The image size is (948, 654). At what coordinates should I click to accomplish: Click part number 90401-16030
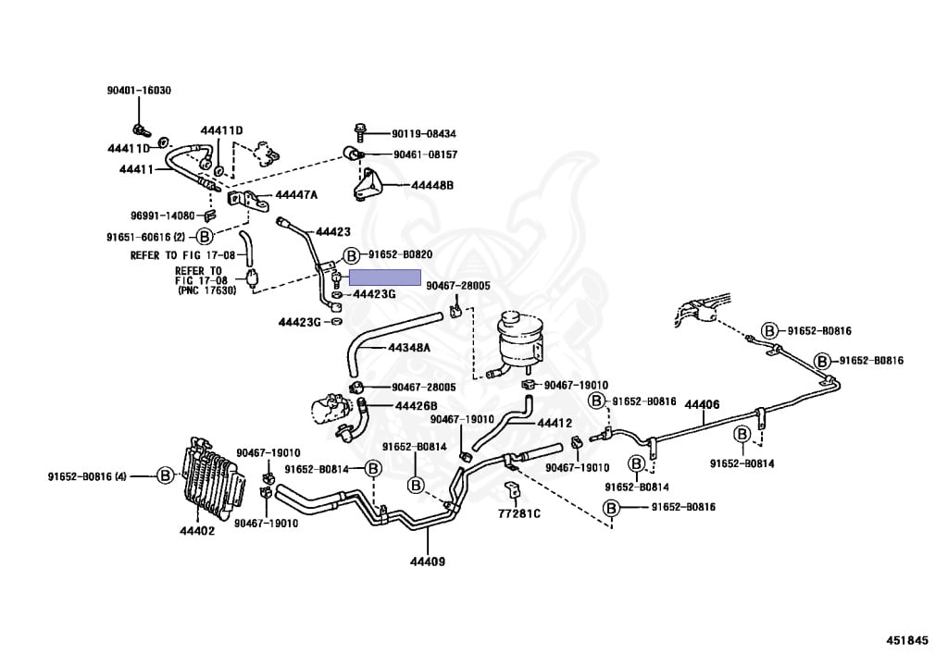coord(139,91)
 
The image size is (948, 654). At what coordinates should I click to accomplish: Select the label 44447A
coord(296,195)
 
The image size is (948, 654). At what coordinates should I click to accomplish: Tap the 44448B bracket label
coord(431,185)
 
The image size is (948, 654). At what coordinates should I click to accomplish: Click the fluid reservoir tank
coord(518,343)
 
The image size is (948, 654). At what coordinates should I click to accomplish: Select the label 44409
coord(428,561)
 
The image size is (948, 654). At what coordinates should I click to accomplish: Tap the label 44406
coord(702,404)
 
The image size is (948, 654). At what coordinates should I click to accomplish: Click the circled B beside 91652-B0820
coord(351,256)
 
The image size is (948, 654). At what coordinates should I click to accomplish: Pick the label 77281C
coord(519,514)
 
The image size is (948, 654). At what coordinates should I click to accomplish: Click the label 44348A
coord(409,348)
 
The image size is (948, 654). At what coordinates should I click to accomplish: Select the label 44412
coord(555,424)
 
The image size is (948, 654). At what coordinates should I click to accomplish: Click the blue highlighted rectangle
coord(384,278)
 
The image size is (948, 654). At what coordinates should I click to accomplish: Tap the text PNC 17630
coord(207,290)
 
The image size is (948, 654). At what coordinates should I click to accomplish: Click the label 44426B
coord(416,406)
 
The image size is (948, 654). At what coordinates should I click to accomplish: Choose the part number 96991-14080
coord(163,216)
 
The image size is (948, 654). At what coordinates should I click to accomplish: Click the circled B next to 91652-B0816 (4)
coord(165,475)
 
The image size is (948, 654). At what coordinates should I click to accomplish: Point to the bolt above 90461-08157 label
coord(359,131)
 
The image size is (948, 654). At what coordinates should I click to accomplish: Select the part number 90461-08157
coord(426,154)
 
